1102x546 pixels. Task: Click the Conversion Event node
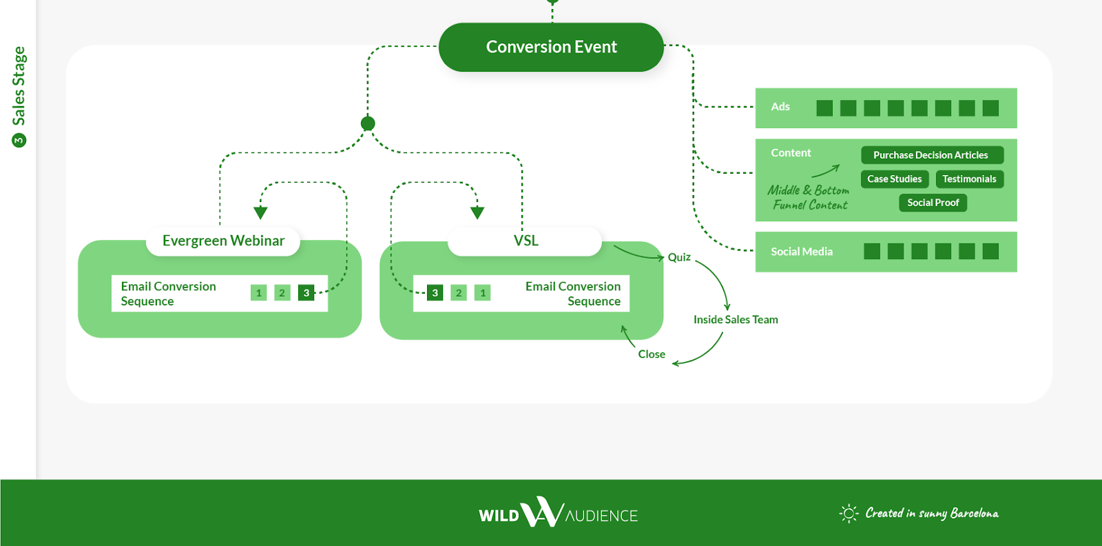(x=551, y=47)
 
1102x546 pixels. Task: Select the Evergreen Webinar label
(x=223, y=241)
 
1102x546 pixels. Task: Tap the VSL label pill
(x=526, y=241)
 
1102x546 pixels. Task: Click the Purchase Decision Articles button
(x=931, y=155)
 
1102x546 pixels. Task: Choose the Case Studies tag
(x=894, y=179)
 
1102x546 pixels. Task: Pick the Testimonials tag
(x=969, y=179)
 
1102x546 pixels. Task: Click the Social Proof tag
(x=933, y=203)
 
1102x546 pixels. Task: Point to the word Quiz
(x=679, y=257)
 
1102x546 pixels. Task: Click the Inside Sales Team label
(x=736, y=320)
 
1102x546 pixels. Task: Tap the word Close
(x=652, y=354)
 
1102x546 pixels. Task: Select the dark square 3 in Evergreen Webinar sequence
(x=306, y=293)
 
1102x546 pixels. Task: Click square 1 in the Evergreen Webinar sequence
(x=259, y=293)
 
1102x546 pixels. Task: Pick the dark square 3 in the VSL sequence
(x=435, y=293)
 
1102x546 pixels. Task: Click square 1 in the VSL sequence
(x=483, y=293)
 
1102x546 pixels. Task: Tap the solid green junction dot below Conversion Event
(x=368, y=123)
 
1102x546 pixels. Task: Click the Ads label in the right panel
(x=780, y=107)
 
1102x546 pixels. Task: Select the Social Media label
(x=802, y=252)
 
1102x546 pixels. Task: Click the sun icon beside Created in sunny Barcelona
(x=849, y=513)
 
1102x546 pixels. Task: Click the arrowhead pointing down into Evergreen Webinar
(x=260, y=213)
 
